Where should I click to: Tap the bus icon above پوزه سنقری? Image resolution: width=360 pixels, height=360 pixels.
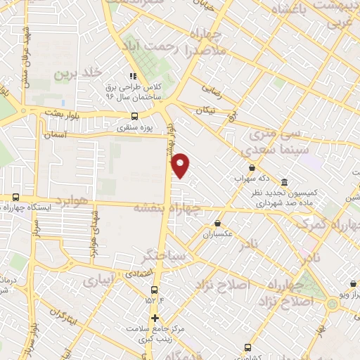[x=135, y=116]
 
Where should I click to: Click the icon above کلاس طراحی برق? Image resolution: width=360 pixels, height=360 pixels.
[x=131, y=77]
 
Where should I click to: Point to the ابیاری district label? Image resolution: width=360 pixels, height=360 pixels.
[x=98, y=281]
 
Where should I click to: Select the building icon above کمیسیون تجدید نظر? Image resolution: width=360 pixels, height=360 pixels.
[x=284, y=181]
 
